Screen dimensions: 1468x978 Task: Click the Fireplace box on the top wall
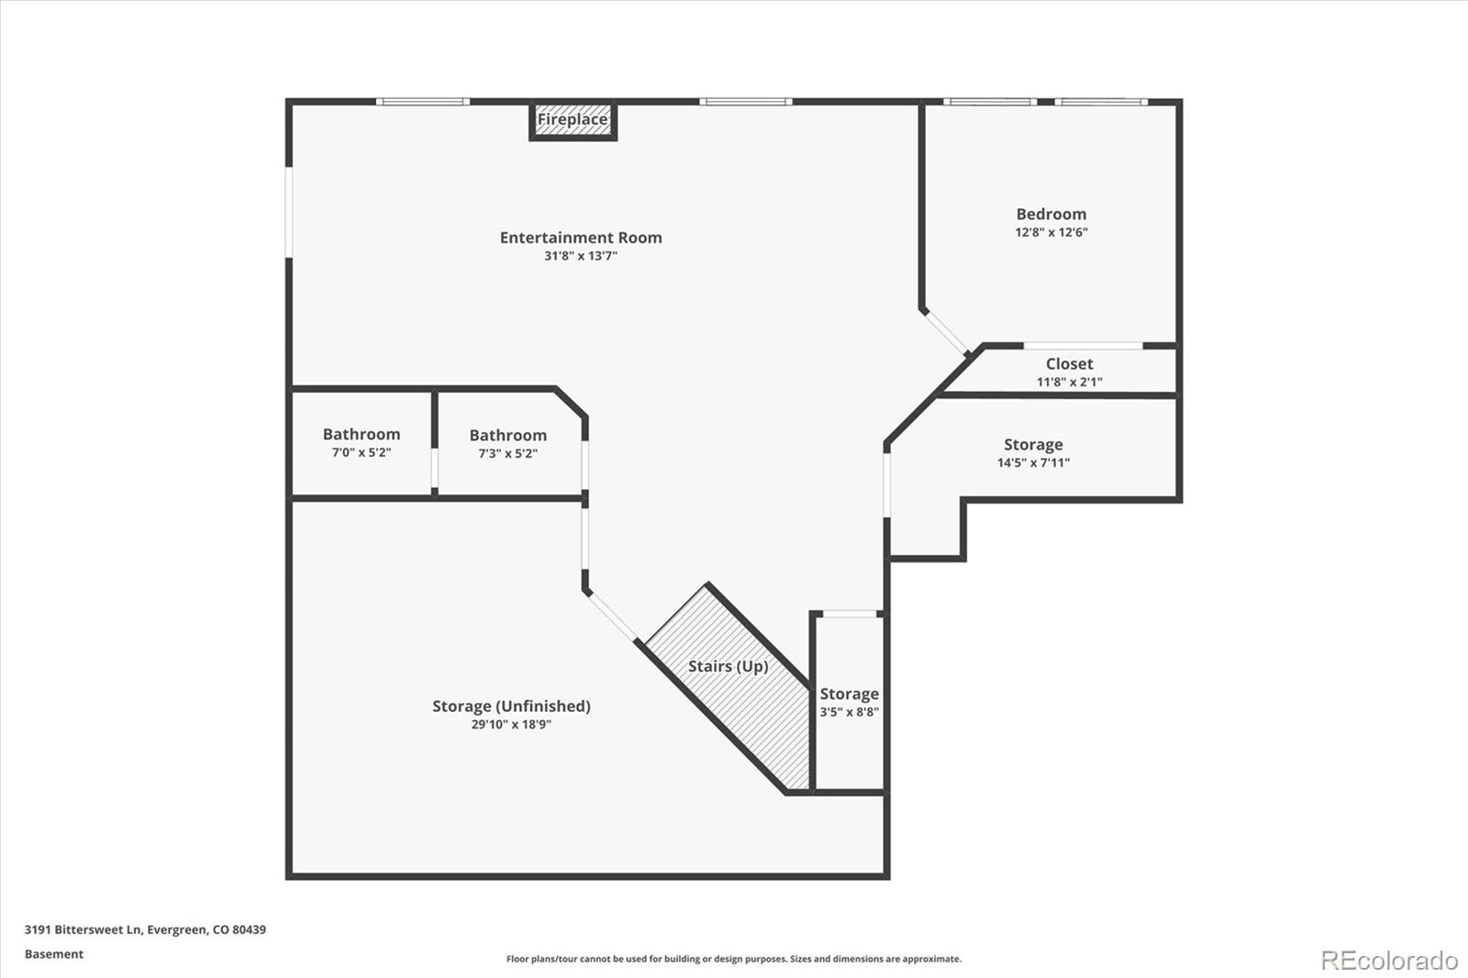pos(573,120)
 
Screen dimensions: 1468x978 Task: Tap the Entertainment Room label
pos(581,238)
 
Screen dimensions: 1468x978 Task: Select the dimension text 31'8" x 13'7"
pos(581,256)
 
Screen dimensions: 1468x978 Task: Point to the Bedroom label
pos(1051,214)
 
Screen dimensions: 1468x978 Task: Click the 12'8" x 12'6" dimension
pos(1051,232)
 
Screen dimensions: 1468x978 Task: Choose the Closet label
pos(1070,364)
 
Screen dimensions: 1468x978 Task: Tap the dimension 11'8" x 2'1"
pos(1070,382)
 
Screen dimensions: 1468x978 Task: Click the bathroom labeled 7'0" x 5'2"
pos(361,442)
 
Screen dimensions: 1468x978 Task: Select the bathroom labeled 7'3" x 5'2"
pos(508,444)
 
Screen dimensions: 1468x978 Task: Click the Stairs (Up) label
pos(728,667)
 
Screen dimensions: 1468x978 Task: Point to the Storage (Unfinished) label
pos(511,706)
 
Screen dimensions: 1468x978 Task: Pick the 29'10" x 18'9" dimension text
pos(511,724)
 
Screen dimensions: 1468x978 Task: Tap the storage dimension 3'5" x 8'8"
pos(850,712)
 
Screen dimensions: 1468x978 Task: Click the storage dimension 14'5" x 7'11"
pos(1033,462)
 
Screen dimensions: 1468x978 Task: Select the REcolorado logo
pos(1389,961)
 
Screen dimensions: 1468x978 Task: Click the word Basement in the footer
pos(54,954)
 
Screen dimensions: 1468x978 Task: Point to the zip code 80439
pos(249,929)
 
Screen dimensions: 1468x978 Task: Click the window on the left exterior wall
pos(288,212)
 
